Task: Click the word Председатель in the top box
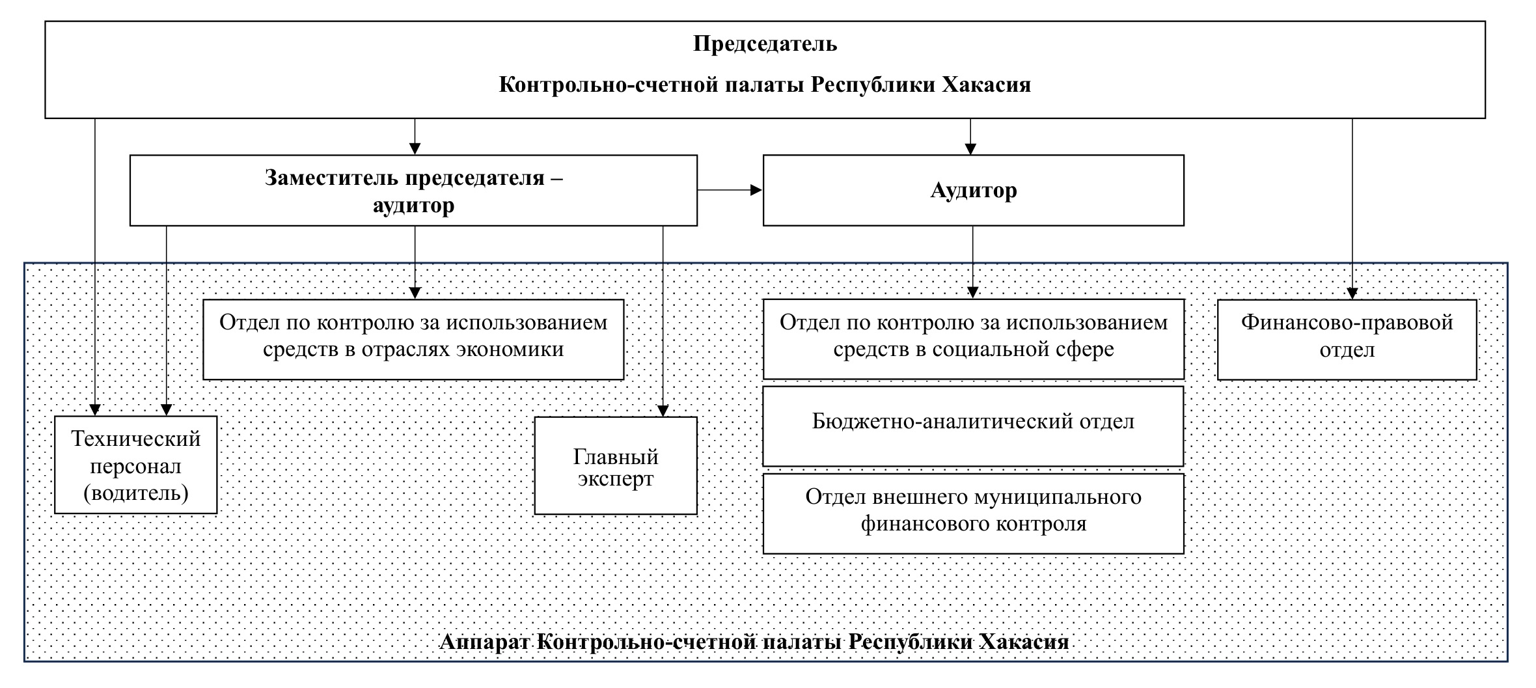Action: pyautogui.click(x=765, y=44)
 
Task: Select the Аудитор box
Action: pyautogui.click(x=973, y=190)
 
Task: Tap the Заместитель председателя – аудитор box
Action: pyautogui.click(x=413, y=190)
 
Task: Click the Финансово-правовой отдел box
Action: pyautogui.click(x=1347, y=339)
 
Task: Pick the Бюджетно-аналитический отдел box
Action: pyautogui.click(x=973, y=426)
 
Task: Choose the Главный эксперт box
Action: pyautogui.click(x=615, y=465)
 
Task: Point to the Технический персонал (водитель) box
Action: pyautogui.click(x=135, y=465)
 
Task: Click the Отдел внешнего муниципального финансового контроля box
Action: pyautogui.click(x=973, y=513)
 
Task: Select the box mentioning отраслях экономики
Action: pyautogui.click(x=413, y=339)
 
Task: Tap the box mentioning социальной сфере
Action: pyautogui.click(x=973, y=339)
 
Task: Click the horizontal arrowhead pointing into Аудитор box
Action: pyautogui.click(x=756, y=190)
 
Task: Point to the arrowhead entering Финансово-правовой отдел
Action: pyautogui.click(x=1352, y=294)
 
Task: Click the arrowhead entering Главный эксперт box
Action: pyautogui.click(x=663, y=411)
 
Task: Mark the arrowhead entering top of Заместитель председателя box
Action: pyautogui.click(x=415, y=148)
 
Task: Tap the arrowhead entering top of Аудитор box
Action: pyautogui.click(x=970, y=148)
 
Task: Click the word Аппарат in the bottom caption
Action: pyautogui.click(x=487, y=642)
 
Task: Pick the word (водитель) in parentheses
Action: pyautogui.click(x=136, y=493)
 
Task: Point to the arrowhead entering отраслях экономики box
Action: pyautogui.click(x=415, y=293)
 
